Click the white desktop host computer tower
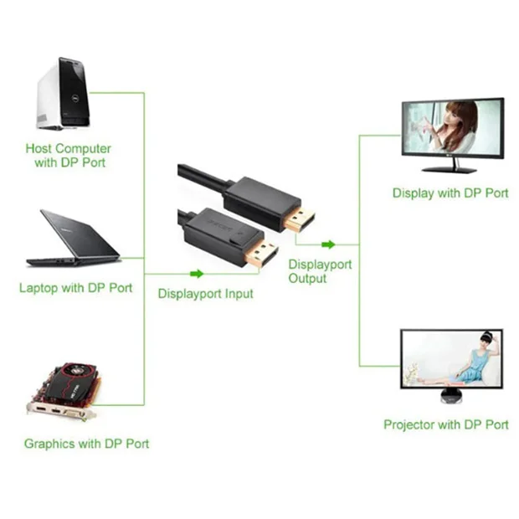62,93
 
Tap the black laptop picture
72,239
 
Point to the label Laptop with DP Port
75,288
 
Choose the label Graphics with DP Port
86,444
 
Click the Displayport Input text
205,294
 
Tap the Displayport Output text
320,271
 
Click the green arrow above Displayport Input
197,274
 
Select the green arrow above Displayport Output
328,244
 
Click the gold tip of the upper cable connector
299,219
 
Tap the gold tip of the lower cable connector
261,252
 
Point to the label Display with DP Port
450,193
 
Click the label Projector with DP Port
445,424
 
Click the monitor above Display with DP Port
452,131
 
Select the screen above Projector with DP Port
452,358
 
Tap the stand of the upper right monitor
452,167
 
